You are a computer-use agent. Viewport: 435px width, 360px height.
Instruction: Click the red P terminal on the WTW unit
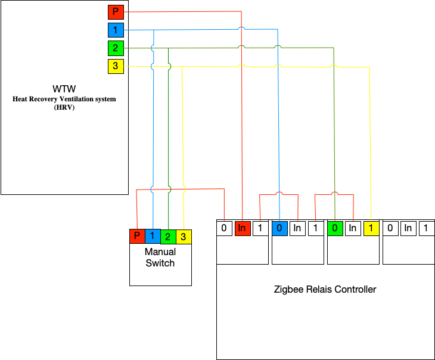click(x=116, y=12)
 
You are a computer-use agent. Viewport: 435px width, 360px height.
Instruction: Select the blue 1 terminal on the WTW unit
click(x=116, y=29)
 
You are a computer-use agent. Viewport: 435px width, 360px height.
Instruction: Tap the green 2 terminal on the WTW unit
click(x=116, y=48)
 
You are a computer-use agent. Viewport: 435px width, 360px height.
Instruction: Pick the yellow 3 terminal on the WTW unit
click(x=116, y=66)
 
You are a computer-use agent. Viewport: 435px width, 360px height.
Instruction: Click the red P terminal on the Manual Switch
click(x=137, y=237)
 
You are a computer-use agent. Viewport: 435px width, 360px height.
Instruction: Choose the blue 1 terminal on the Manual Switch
click(x=153, y=237)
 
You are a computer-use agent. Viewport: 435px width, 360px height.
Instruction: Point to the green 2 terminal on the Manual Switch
click(x=168, y=237)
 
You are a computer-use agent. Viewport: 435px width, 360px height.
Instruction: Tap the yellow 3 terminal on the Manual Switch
click(x=184, y=237)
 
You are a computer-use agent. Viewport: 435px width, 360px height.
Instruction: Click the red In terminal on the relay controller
click(x=242, y=228)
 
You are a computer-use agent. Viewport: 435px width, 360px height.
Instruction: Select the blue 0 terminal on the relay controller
click(x=279, y=228)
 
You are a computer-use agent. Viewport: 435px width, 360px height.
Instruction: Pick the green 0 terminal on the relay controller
click(x=335, y=228)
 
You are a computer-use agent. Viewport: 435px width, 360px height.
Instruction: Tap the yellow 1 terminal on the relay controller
click(x=371, y=228)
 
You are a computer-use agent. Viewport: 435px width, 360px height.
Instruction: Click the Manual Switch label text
click(x=160, y=257)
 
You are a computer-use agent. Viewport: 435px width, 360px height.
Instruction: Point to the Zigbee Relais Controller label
click(x=325, y=290)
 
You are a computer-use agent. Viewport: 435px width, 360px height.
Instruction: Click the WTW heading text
click(x=64, y=88)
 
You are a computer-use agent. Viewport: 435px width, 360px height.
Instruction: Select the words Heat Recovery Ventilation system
click(x=64, y=99)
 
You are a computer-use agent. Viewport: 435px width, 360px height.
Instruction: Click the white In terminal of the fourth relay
click(x=408, y=228)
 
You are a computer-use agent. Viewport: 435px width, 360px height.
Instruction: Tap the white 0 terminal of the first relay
click(x=224, y=228)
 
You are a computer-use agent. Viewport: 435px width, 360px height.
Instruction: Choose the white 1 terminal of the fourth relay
click(x=426, y=228)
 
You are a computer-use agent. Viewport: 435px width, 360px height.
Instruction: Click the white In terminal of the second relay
click(x=297, y=228)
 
